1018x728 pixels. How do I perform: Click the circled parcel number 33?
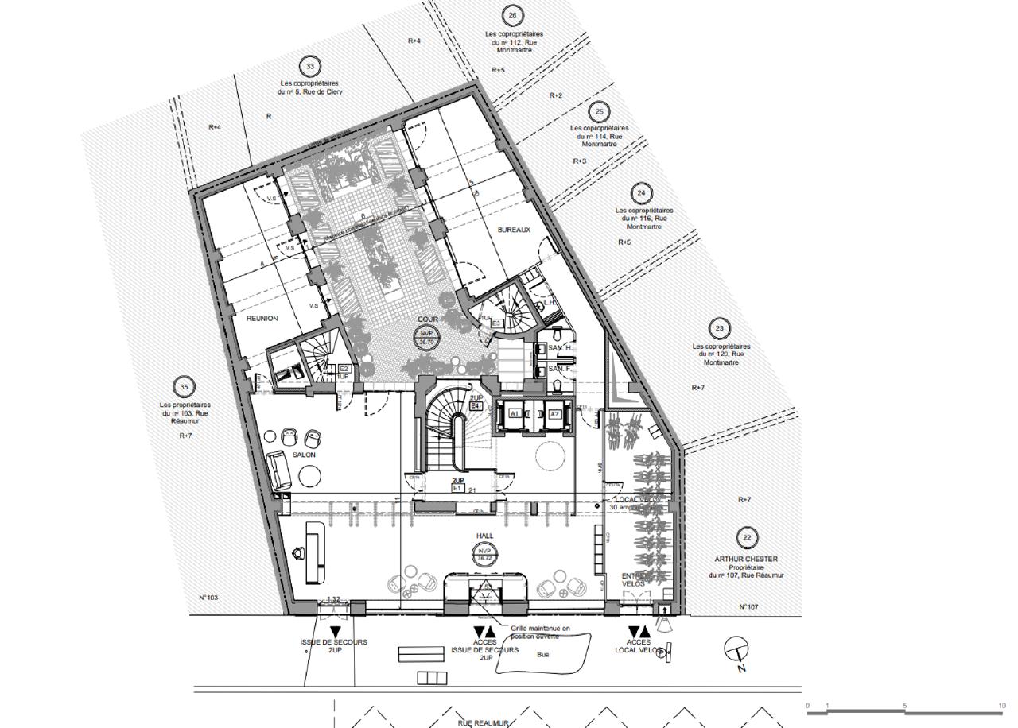point(309,67)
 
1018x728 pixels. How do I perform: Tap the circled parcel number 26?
point(512,17)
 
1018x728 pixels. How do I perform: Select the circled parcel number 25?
point(599,111)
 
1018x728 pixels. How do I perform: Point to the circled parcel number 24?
point(641,193)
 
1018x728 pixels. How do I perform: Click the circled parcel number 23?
point(720,328)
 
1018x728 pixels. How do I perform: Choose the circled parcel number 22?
point(745,538)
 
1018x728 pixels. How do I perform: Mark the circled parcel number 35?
point(185,387)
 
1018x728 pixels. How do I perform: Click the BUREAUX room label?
point(513,230)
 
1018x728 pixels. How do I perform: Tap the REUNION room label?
point(262,319)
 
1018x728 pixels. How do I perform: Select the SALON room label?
point(304,455)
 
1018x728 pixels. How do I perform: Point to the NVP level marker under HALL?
point(484,555)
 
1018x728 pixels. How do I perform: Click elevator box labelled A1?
point(515,414)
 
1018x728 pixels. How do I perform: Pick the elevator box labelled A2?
point(554,414)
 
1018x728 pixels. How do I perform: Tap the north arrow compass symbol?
point(736,650)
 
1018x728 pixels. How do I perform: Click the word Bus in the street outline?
point(543,656)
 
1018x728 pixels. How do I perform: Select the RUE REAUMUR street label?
point(483,723)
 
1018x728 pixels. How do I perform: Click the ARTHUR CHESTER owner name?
point(746,559)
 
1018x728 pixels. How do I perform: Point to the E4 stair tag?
point(476,406)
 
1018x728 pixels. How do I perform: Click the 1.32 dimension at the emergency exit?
point(334,600)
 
